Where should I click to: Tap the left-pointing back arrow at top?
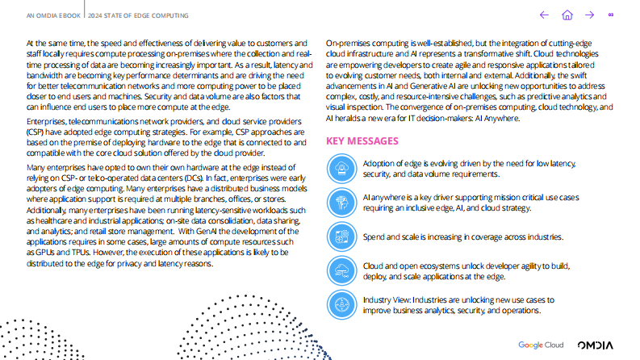pyautogui.click(x=544, y=15)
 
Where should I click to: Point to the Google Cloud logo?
pyautogui.click(x=541, y=345)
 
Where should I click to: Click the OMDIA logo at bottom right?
pyautogui.click(x=595, y=345)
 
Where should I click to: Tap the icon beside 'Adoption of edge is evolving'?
pyautogui.click(x=342, y=168)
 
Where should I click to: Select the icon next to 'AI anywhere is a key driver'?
pyautogui.click(x=342, y=202)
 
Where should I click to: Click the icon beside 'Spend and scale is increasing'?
pyautogui.click(x=342, y=237)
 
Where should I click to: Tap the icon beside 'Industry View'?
pyautogui.click(x=342, y=304)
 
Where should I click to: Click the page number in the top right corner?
pyautogui.click(x=612, y=15)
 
